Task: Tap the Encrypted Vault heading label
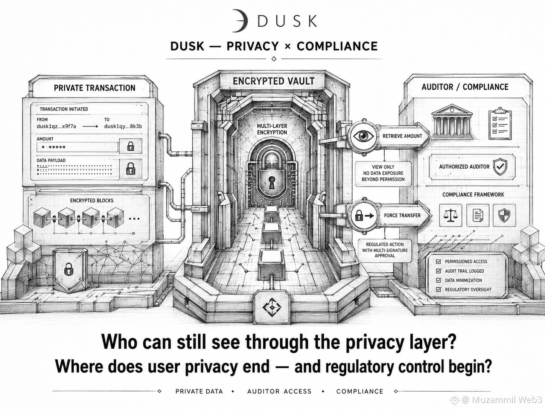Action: pyautogui.click(x=274, y=81)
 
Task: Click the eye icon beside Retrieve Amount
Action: pyautogui.click(x=364, y=136)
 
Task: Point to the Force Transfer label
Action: pyautogui.click(x=402, y=215)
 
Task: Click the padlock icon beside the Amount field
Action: pyautogui.click(x=131, y=147)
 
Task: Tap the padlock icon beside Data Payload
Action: pyautogui.click(x=131, y=169)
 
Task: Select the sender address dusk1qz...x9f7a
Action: pyautogui.click(x=56, y=127)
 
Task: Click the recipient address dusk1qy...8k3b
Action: pyautogui.click(x=123, y=127)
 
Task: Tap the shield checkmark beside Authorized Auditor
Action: pyautogui.click(x=500, y=166)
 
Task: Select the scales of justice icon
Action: pyautogui.click(x=451, y=215)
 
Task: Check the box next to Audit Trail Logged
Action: pyautogui.click(x=438, y=271)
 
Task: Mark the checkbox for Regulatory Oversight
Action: pyautogui.click(x=438, y=289)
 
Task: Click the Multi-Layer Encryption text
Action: pyautogui.click(x=272, y=129)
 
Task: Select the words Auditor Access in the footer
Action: pyautogui.click(x=279, y=391)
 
